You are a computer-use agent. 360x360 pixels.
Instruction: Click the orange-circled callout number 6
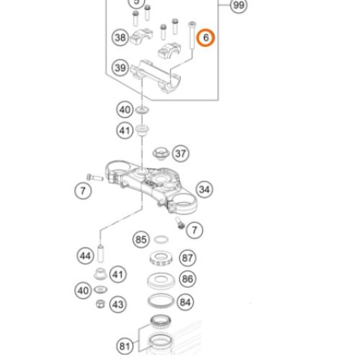click(206, 37)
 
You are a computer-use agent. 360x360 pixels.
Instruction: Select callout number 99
click(238, 5)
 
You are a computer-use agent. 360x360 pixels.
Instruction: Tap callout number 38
click(120, 37)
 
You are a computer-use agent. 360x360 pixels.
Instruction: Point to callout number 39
click(120, 68)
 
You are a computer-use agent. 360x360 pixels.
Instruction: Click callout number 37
click(181, 153)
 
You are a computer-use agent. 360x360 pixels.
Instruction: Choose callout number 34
click(204, 189)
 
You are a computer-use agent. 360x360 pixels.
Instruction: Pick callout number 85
click(141, 240)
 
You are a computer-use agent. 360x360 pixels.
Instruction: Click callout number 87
click(187, 258)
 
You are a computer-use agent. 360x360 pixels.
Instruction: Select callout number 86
click(187, 279)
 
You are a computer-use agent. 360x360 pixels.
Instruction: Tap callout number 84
click(185, 302)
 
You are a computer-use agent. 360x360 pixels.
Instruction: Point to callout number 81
click(125, 346)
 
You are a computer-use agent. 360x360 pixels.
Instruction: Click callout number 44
click(86, 256)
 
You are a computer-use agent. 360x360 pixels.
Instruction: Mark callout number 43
click(118, 305)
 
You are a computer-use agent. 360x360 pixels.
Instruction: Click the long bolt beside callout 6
click(192, 35)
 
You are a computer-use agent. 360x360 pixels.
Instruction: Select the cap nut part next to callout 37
click(161, 153)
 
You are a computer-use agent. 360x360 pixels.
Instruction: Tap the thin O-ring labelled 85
click(161, 239)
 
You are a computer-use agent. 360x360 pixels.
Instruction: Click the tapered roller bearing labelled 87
click(161, 258)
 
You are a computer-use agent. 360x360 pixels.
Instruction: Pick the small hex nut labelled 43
click(100, 304)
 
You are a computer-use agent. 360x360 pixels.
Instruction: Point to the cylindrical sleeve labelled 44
click(100, 253)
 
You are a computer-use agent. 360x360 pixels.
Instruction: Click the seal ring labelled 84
click(161, 301)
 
